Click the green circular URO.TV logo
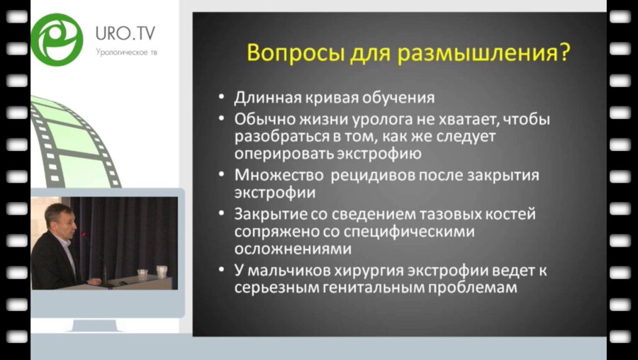(57, 38)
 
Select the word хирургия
(381, 271)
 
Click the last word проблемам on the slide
(476, 289)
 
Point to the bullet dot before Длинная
(223, 98)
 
